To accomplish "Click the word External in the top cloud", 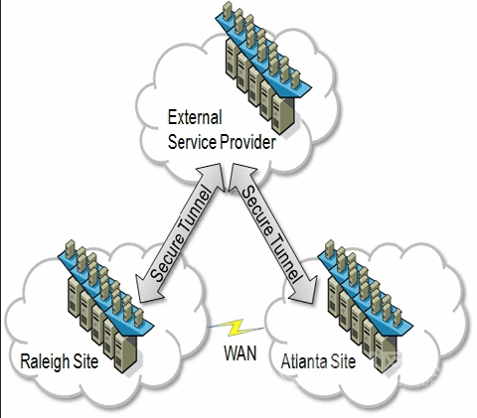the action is pyautogui.click(x=195, y=117).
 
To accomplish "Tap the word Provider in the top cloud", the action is pyautogui.click(x=248, y=142).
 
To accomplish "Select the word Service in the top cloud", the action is pyautogui.click(x=193, y=142).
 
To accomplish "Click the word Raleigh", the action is pyautogui.click(x=45, y=361).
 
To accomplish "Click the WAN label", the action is pyautogui.click(x=240, y=353).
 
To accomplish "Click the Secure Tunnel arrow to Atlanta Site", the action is pyautogui.click(x=271, y=233).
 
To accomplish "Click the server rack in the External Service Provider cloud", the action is pyautogui.click(x=263, y=68).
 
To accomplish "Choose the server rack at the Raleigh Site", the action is pyautogui.click(x=105, y=306).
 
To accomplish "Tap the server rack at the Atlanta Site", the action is pyautogui.click(x=365, y=306).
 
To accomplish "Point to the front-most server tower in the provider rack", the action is pyautogui.click(x=283, y=114).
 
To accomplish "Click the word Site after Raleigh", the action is pyautogui.click(x=85, y=360).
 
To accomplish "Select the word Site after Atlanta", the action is pyautogui.click(x=343, y=361).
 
